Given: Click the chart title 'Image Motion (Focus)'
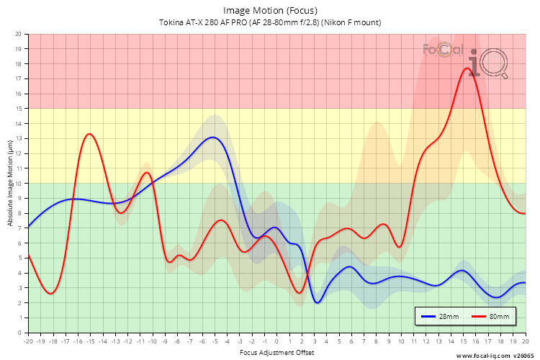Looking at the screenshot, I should click(x=270, y=10).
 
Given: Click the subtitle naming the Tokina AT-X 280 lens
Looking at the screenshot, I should click(x=270, y=22).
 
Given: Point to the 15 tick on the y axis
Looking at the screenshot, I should click(x=18, y=109).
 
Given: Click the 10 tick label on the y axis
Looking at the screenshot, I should click(x=18, y=184).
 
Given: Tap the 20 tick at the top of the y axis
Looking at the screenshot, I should click(x=18, y=34).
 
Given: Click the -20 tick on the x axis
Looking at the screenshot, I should click(x=28, y=341).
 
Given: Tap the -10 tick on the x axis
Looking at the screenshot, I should click(x=153, y=341).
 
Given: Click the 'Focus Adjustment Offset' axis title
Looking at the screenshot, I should click(x=276, y=354).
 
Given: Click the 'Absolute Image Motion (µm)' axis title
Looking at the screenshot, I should click(x=9, y=184).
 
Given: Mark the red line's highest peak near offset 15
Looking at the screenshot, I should click(x=467, y=68).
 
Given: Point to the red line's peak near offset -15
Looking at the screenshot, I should click(x=89, y=134).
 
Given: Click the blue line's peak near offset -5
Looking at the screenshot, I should click(x=212, y=137).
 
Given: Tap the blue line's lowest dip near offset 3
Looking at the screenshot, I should click(x=317, y=303).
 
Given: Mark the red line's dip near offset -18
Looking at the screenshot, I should click(x=50, y=294).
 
